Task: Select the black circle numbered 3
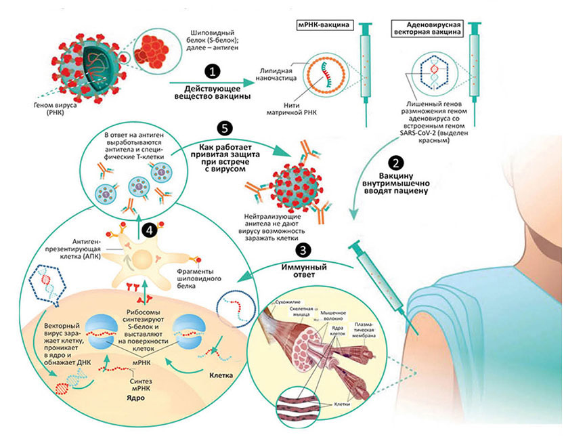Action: (306, 249)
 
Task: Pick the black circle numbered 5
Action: (221, 127)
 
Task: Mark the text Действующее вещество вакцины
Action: (213, 93)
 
